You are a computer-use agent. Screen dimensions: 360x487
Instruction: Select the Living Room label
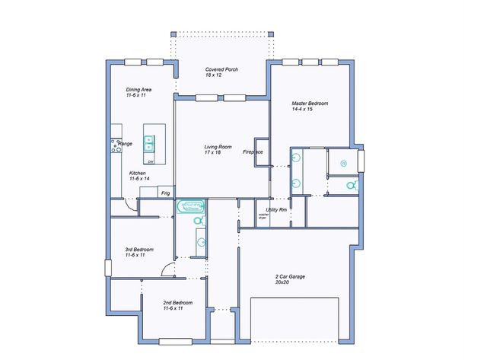pyautogui.click(x=217, y=149)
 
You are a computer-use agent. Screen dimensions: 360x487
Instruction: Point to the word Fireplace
pyautogui.click(x=253, y=152)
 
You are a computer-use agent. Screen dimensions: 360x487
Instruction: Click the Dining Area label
pyautogui.click(x=138, y=93)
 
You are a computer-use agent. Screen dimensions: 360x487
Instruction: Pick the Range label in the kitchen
pyautogui.click(x=126, y=143)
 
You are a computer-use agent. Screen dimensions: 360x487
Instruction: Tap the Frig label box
pyautogui.click(x=165, y=193)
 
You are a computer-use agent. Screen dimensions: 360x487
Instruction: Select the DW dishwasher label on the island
pyautogui.click(x=150, y=161)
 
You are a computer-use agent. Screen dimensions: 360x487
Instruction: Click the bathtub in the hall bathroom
pyautogui.click(x=192, y=206)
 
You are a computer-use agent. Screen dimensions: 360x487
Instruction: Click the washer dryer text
pyautogui.click(x=264, y=216)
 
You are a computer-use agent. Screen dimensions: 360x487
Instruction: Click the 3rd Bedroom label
pyautogui.click(x=139, y=252)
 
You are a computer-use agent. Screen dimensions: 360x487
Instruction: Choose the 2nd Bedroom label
pyautogui.click(x=177, y=305)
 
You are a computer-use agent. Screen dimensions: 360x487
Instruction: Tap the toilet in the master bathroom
pyautogui.click(x=351, y=185)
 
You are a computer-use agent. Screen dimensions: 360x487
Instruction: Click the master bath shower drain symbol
pyautogui.click(x=343, y=163)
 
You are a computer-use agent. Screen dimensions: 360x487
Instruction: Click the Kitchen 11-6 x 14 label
pyautogui.click(x=138, y=175)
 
